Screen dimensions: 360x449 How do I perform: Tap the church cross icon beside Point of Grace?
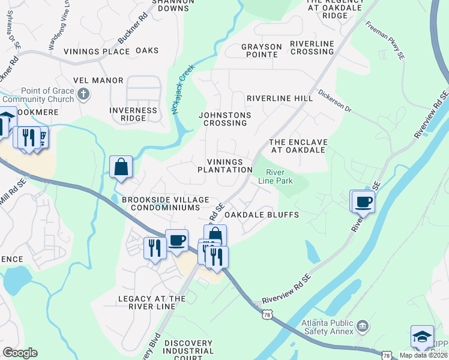click(x=83, y=94)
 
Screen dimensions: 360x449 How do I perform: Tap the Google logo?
click(x=20, y=353)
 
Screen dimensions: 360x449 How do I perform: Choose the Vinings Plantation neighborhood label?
click(x=225, y=166)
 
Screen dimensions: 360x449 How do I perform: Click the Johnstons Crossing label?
click(x=225, y=119)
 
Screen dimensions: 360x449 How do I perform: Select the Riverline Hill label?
click(x=280, y=98)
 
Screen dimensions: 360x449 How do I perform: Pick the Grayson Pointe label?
click(x=261, y=50)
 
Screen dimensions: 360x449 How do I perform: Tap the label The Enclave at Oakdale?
click(x=298, y=146)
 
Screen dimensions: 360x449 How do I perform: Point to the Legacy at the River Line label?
click(x=152, y=302)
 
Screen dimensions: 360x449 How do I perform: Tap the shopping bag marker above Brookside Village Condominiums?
click(x=121, y=167)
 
